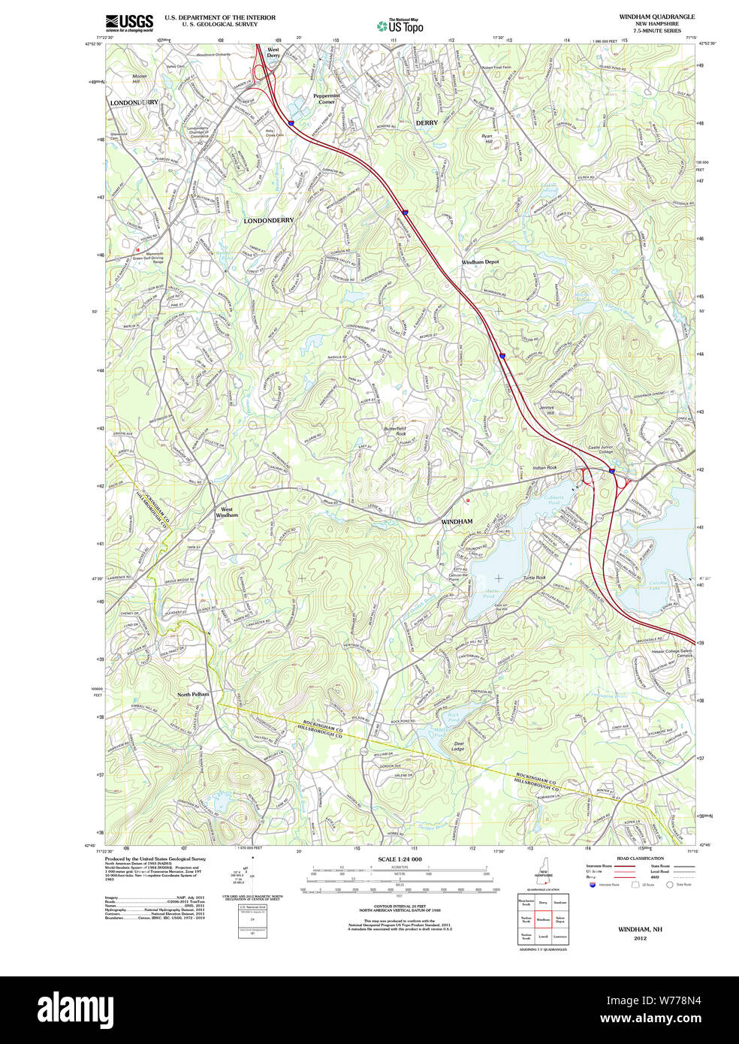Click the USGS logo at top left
pyautogui.click(x=129, y=23)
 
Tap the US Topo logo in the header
pyautogui.click(x=400, y=26)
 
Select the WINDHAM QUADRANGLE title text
pyautogui.click(x=656, y=17)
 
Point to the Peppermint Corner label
pyautogui.click(x=327, y=98)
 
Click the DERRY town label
pyautogui.click(x=427, y=122)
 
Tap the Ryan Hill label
pyautogui.click(x=487, y=138)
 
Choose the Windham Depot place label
pyautogui.click(x=480, y=262)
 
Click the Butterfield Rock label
pyautogui.click(x=395, y=431)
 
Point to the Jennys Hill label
pyautogui.click(x=546, y=410)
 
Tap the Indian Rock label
pyautogui.click(x=544, y=468)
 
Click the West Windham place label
pyautogui.click(x=226, y=512)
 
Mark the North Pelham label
pyautogui.click(x=193, y=694)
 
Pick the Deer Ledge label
pyautogui.click(x=458, y=746)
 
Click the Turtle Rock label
pyautogui.click(x=535, y=578)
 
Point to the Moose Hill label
pyautogui.click(x=140, y=78)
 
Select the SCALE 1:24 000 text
pyautogui.click(x=400, y=859)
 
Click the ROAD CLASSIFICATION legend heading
pyautogui.click(x=640, y=858)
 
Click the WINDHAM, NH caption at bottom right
pyautogui.click(x=640, y=929)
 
